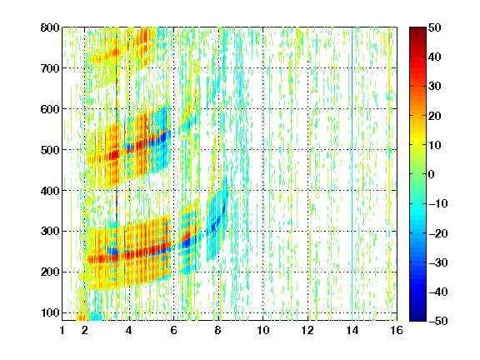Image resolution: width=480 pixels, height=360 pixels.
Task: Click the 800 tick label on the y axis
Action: (50, 27)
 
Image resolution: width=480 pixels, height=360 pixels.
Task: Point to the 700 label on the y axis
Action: (50, 68)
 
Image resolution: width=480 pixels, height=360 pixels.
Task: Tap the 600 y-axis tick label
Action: (50, 109)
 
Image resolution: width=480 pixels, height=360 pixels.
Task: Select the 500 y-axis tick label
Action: (50, 150)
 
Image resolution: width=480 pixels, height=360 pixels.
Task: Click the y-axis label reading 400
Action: (50, 191)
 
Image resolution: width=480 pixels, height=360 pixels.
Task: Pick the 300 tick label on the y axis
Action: (50, 231)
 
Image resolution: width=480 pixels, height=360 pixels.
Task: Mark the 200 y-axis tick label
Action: (50, 272)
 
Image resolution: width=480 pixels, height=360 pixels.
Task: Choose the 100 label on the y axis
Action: (50, 312)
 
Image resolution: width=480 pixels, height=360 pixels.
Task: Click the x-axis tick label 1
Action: (62, 330)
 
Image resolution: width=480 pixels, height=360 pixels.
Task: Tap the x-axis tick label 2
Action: (85, 330)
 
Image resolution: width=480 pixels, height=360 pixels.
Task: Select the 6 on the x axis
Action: (174, 330)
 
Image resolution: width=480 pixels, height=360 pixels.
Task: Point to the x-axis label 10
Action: (263, 330)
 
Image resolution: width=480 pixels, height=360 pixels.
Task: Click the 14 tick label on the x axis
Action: (352, 330)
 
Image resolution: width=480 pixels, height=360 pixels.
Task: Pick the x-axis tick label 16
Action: (397, 330)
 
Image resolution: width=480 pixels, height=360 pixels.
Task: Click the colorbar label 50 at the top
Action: (435, 27)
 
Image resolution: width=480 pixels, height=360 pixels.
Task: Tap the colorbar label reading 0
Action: (432, 174)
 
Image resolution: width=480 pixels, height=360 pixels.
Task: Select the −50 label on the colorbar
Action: (438, 321)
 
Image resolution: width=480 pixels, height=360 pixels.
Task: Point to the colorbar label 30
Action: (435, 87)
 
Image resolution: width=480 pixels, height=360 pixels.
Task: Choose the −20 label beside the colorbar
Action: (438, 233)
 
